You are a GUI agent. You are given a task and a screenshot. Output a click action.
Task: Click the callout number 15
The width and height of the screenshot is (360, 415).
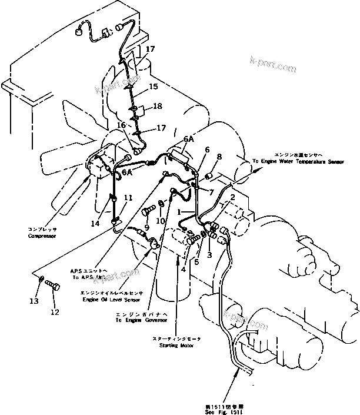[x=153, y=87]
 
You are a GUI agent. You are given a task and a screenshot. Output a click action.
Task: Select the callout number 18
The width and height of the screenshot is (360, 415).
[x=157, y=107]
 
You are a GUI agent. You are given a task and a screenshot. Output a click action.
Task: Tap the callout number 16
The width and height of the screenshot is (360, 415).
[x=121, y=125]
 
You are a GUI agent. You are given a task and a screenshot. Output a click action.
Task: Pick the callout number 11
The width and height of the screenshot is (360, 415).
[x=128, y=198]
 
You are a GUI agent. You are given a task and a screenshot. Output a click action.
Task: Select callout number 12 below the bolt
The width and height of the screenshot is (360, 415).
[x=55, y=312]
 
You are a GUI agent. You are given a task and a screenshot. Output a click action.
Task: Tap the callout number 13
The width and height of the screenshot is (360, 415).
[x=34, y=301]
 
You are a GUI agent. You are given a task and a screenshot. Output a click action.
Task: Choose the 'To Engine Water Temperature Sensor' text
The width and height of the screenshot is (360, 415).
[x=298, y=160]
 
